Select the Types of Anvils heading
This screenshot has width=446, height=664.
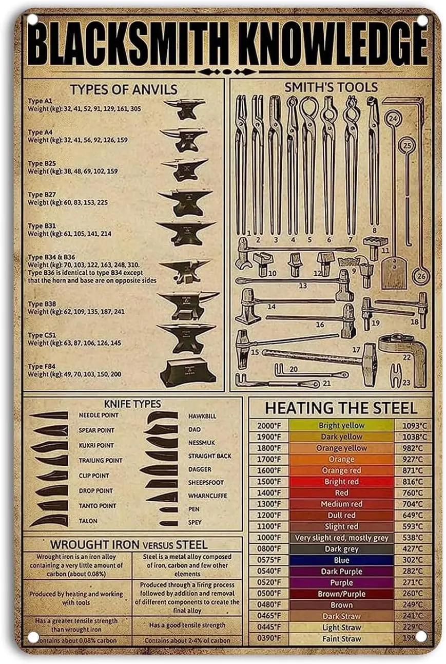tap(124, 89)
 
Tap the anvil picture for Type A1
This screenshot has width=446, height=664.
tap(185, 108)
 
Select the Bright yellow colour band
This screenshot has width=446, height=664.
tap(341, 425)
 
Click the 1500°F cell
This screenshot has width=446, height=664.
tap(269, 482)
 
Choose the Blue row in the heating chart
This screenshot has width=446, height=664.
tap(341, 560)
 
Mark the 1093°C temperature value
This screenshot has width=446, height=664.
tap(414, 425)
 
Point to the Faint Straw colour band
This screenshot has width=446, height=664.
tap(341, 639)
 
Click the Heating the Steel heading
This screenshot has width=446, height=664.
tap(341, 408)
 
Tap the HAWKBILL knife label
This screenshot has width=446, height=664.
tap(202, 415)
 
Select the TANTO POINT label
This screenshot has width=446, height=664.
tap(98, 506)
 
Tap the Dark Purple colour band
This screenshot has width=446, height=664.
tap(341, 572)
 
